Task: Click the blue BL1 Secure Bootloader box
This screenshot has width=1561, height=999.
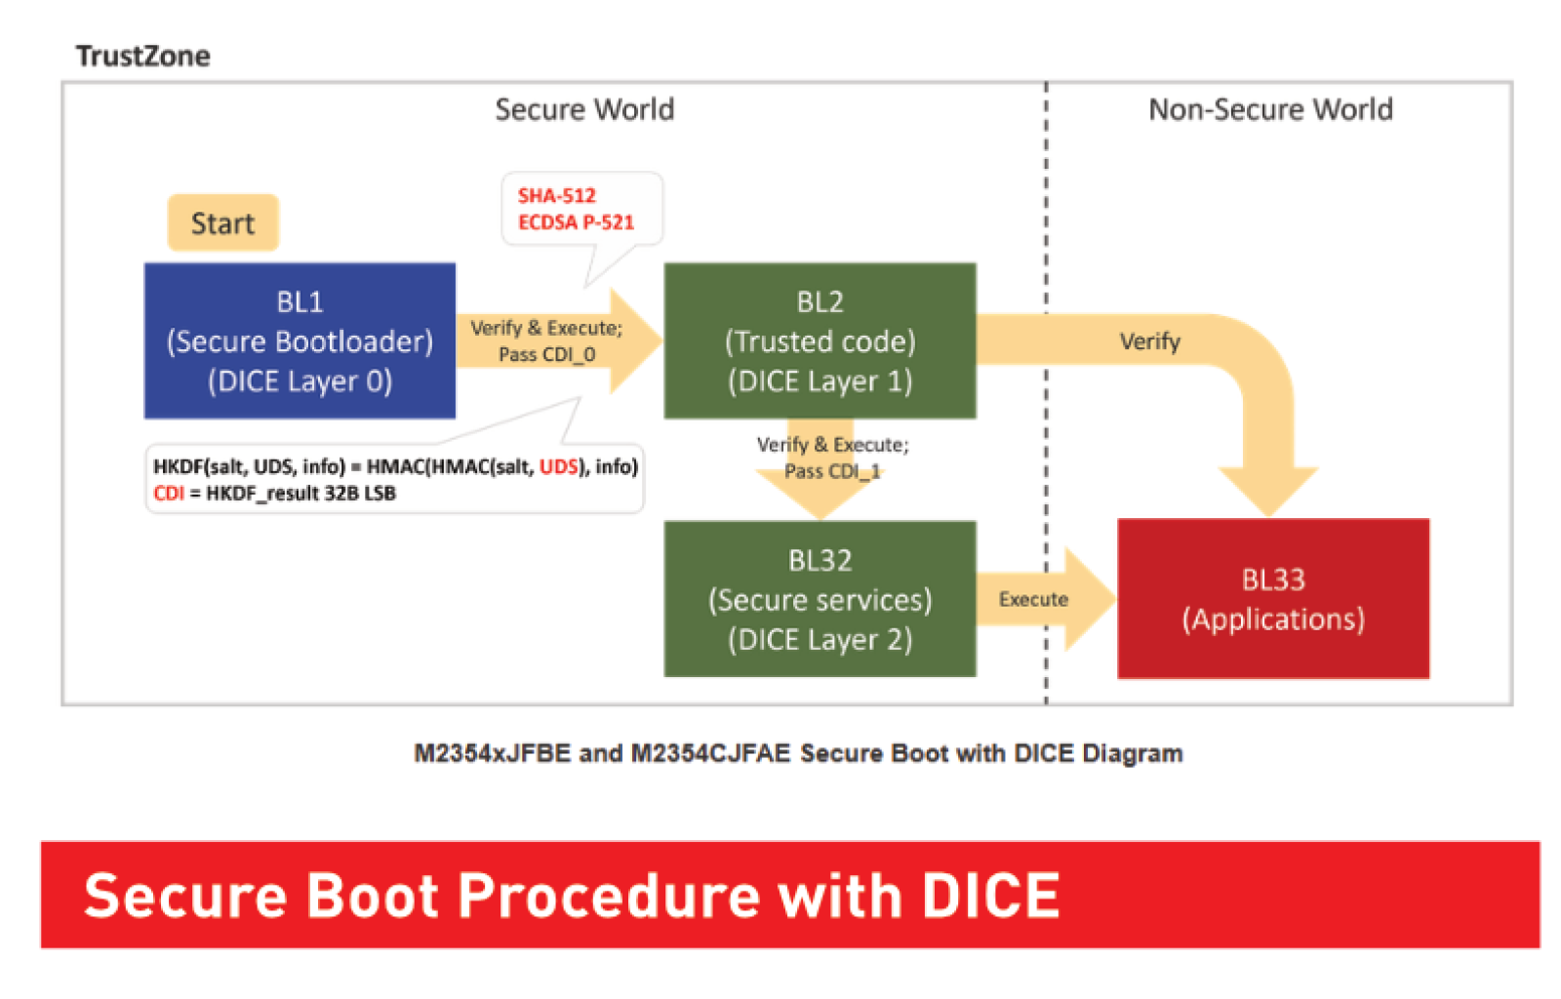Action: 300,340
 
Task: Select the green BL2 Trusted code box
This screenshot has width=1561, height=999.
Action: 820,340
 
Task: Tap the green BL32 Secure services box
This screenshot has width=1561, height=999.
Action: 820,599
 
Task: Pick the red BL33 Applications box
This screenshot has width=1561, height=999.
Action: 1273,598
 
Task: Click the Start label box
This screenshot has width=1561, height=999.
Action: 223,223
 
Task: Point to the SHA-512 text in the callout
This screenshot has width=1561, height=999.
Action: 557,195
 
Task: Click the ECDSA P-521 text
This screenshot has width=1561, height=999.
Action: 577,222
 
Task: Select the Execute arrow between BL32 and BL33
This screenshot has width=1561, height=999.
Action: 1045,599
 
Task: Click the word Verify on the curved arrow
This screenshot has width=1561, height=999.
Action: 1150,341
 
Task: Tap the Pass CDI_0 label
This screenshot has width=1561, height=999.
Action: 547,354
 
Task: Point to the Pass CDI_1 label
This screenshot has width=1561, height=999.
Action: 833,471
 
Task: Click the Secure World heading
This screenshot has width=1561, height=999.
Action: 584,109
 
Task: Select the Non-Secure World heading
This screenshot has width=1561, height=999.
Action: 1270,109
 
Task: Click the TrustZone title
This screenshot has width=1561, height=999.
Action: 142,56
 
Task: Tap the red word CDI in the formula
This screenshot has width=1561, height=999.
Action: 169,494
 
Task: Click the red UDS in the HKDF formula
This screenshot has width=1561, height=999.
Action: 559,466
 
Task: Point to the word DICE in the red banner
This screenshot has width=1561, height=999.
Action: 990,896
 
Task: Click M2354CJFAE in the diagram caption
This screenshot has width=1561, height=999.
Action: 710,753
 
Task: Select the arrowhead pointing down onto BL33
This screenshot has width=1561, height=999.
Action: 1268,492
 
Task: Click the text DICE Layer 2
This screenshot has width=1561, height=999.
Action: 821,640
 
